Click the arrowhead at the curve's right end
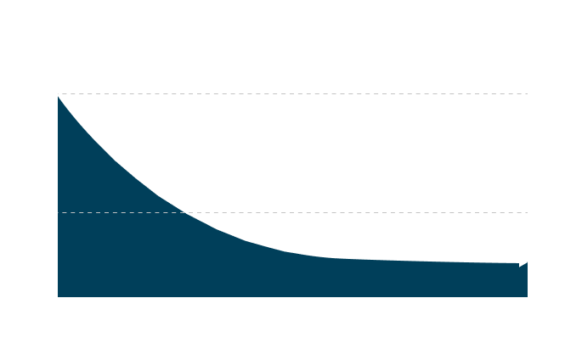click(x=523, y=262)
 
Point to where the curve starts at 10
click(x=57, y=94)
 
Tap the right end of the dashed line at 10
click(x=527, y=93)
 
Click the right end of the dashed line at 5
click(x=527, y=212)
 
